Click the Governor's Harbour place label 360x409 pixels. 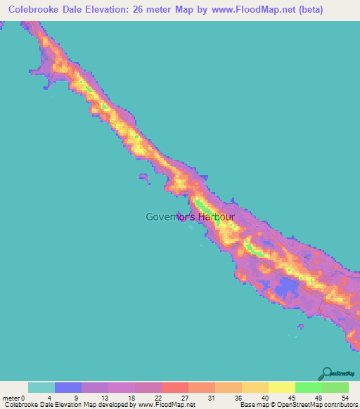(190, 217)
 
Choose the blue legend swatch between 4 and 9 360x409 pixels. (68, 387)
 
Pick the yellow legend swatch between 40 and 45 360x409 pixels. (282, 387)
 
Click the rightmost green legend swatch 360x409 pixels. (335, 387)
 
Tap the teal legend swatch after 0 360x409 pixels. (41, 387)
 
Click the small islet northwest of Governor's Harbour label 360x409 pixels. (143, 177)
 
